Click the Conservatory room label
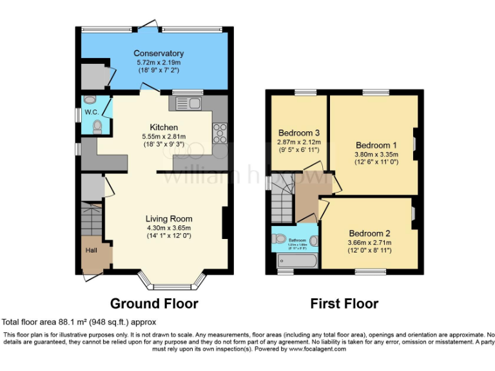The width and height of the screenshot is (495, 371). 159,53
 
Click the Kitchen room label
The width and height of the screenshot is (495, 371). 164,127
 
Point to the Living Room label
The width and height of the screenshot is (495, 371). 168,218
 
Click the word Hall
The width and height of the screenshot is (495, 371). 92,250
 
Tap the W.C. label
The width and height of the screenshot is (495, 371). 90,112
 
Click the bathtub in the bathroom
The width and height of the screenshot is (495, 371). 296,261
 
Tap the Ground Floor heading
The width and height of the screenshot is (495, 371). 154,303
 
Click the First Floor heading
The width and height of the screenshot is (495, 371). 344,303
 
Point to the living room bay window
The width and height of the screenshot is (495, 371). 172,281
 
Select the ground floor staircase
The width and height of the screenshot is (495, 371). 92,219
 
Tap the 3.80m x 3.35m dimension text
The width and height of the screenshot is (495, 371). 376,155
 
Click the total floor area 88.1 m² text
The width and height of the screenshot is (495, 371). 79,322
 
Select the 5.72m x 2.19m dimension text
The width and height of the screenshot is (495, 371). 159,62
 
